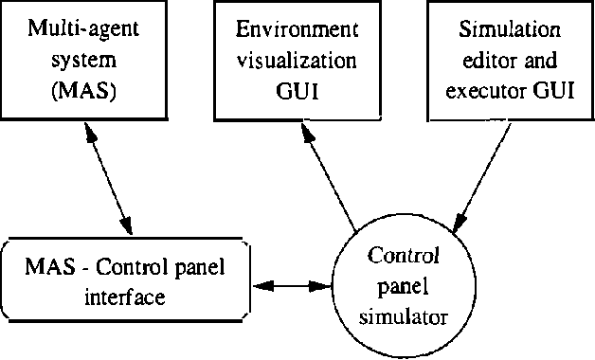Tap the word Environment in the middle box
[x=297, y=29]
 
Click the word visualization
[x=297, y=61]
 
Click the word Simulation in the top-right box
[x=504, y=27]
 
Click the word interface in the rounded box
[x=125, y=297]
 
